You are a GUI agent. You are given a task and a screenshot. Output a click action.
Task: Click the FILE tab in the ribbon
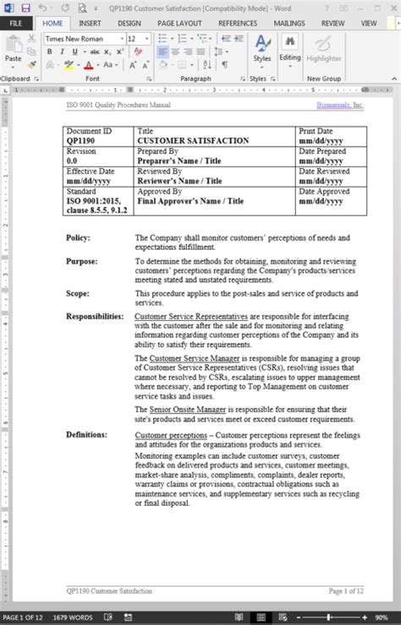[16, 24]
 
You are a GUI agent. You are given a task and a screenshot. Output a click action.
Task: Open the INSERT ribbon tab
[90, 24]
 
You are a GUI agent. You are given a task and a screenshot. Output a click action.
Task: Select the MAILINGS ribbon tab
[289, 24]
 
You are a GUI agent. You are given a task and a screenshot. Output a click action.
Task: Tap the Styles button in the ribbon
[262, 49]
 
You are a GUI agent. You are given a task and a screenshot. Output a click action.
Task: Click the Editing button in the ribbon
[290, 49]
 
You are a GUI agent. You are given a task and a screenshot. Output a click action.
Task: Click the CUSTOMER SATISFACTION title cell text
[193, 141]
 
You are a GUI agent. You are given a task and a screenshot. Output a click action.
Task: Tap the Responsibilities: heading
[95, 317]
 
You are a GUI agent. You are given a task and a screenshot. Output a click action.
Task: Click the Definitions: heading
[86, 435]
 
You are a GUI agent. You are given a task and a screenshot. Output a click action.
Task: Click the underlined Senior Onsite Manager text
[188, 410]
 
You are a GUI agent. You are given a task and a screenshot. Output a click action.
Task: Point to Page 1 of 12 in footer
[346, 590]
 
